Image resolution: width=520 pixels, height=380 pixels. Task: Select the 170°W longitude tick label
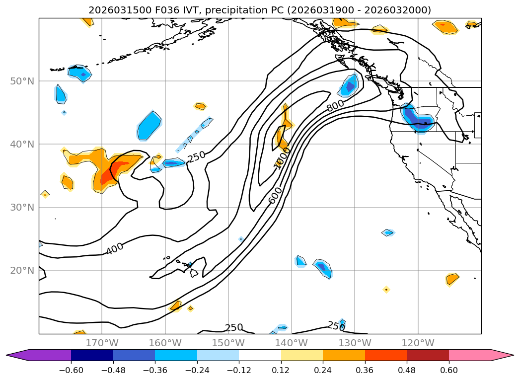click(x=102, y=343)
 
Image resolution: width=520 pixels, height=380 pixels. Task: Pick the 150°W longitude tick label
click(x=228, y=343)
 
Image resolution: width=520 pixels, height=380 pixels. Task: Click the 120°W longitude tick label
click(x=418, y=343)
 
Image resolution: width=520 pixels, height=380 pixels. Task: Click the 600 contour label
click(x=275, y=195)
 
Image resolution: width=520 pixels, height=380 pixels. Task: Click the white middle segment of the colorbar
click(x=260, y=355)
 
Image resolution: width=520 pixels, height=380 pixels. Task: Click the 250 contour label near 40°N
click(x=196, y=156)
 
